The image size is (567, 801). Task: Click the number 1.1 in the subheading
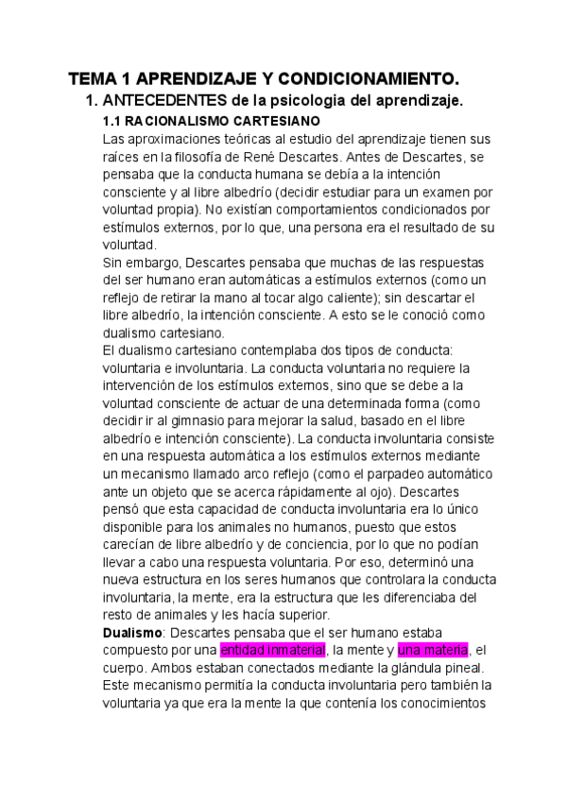click(112, 121)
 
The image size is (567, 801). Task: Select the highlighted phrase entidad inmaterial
click(272, 650)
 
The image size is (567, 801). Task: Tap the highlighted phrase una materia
click(433, 650)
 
